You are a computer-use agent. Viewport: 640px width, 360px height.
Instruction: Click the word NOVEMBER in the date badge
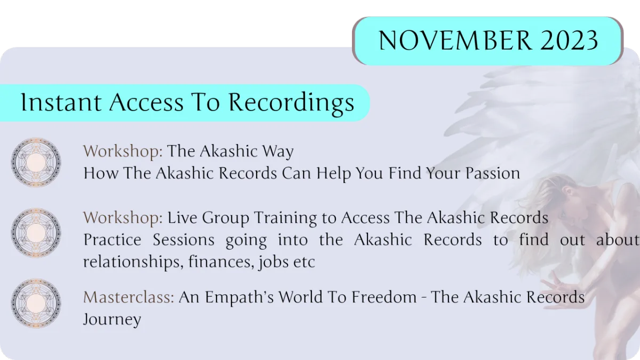coord(455,40)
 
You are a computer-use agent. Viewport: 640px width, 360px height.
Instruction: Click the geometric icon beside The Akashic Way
coord(36,162)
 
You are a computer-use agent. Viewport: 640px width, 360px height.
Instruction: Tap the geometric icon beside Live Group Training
coord(36,233)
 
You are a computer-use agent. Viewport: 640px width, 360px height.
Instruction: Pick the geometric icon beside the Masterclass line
coord(36,303)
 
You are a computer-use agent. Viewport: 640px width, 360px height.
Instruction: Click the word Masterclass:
coord(129,297)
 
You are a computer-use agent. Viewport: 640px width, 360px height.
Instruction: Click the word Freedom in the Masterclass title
coord(384,297)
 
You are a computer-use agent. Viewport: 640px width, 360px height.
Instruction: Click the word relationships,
coord(133,262)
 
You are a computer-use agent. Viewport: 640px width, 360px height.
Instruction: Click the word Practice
coord(113,239)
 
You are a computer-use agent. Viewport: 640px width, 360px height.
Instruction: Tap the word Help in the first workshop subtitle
coord(333,174)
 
